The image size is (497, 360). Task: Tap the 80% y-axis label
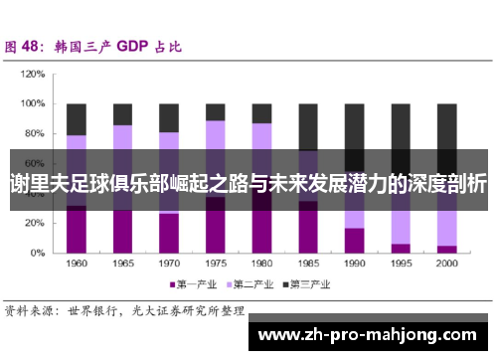(x=33, y=133)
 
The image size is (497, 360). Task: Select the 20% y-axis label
(x=33, y=224)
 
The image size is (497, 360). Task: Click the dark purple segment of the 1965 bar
(x=122, y=232)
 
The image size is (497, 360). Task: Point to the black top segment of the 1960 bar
(x=76, y=119)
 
